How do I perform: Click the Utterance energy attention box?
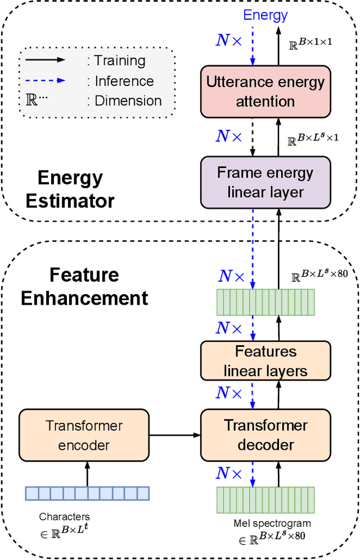(265, 92)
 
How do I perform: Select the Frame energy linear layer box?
(265, 182)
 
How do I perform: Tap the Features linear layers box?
(265, 361)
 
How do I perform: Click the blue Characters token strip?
(87, 493)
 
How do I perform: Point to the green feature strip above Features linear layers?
(265, 302)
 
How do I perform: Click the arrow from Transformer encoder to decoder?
(174, 435)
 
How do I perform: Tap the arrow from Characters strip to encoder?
(87, 473)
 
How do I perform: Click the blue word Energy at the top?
(265, 15)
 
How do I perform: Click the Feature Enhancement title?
(84, 286)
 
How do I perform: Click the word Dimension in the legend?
(128, 101)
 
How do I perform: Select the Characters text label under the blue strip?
(64, 516)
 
